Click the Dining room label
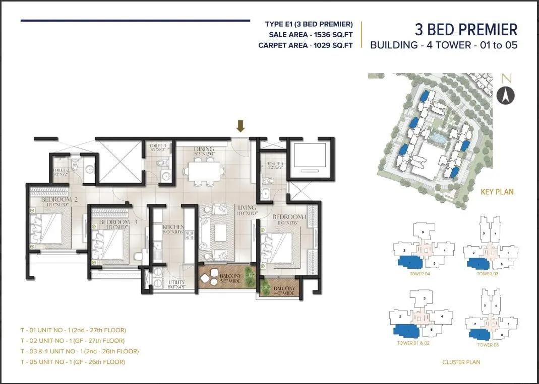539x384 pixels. [x=203, y=149]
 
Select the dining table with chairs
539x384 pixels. [x=204, y=170]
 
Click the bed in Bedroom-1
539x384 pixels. [x=280, y=244]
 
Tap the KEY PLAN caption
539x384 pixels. [x=497, y=192]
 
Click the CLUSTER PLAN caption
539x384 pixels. [x=461, y=362]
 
